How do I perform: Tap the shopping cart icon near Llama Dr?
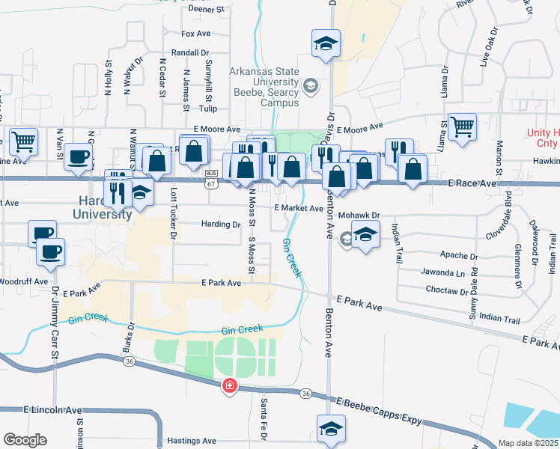[x=463, y=127]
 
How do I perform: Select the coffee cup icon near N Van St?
[x=79, y=156]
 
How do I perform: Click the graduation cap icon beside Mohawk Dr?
[x=365, y=236]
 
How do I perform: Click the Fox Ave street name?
[x=198, y=34]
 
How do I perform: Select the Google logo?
[x=25, y=440]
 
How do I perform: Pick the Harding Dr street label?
[x=220, y=224]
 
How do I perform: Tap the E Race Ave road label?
[x=472, y=183]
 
